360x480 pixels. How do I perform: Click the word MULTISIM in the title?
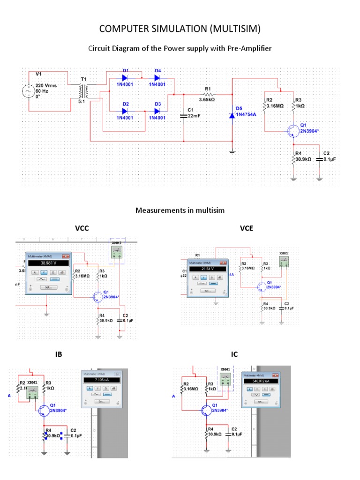pyautogui.click(x=228, y=30)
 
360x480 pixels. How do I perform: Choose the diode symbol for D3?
pyautogui.click(x=157, y=111)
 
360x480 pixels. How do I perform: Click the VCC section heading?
pyautogui.click(x=82, y=228)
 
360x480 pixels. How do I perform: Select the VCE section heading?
pyautogui.click(x=246, y=228)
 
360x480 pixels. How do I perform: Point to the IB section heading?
pyautogui.click(x=59, y=354)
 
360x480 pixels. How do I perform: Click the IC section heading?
pyautogui.click(x=234, y=354)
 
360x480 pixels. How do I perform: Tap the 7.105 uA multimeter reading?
pyautogui.click(x=102, y=380)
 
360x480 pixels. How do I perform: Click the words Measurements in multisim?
pyautogui.click(x=180, y=210)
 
